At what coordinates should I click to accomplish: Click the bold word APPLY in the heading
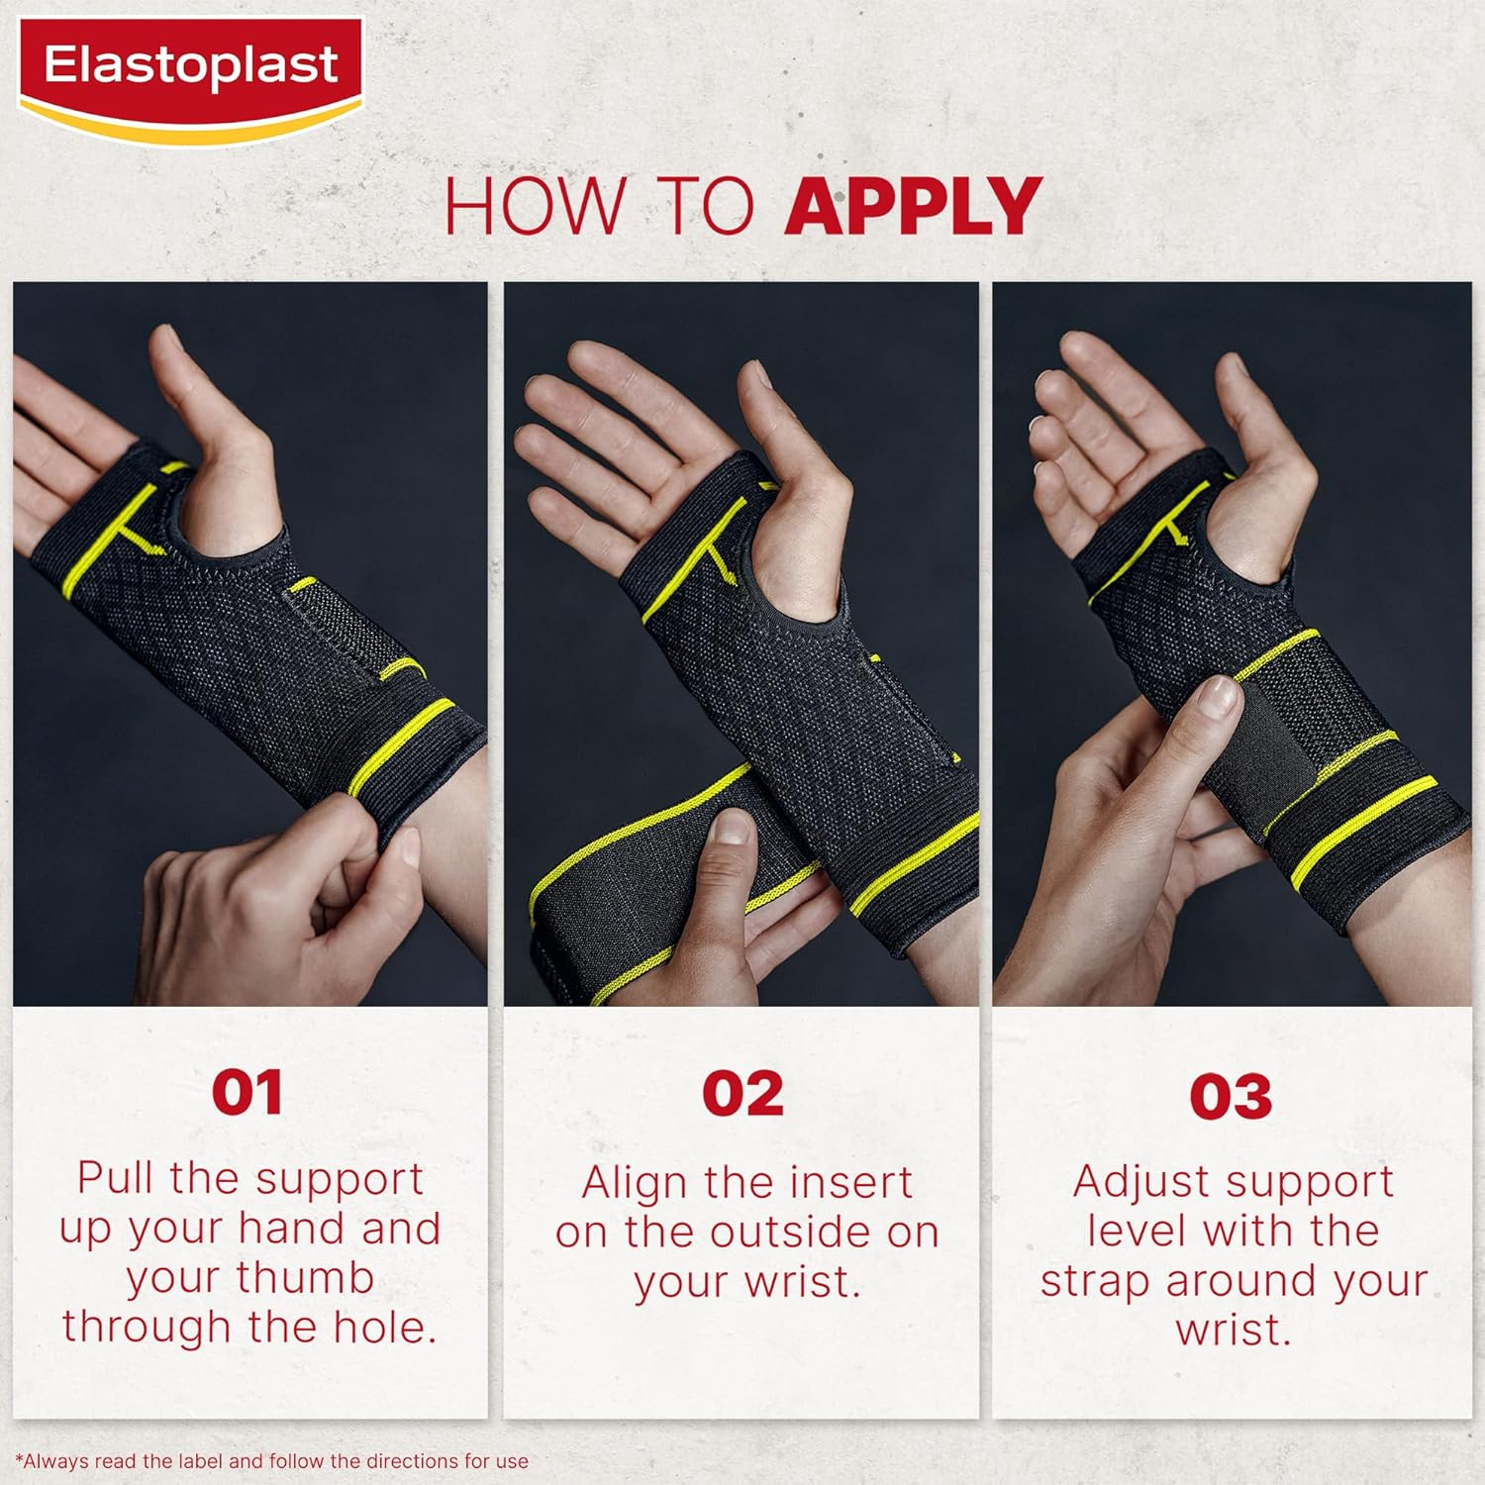click(912, 206)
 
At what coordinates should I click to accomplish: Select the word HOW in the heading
click(535, 206)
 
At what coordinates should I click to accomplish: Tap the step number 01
click(247, 1093)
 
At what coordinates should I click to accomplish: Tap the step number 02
click(742, 1093)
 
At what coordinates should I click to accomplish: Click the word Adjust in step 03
click(1134, 1182)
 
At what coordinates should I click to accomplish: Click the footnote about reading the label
click(272, 1461)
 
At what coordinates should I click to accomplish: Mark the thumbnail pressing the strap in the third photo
click(1215, 696)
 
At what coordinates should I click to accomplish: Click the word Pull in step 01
click(117, 1178)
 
